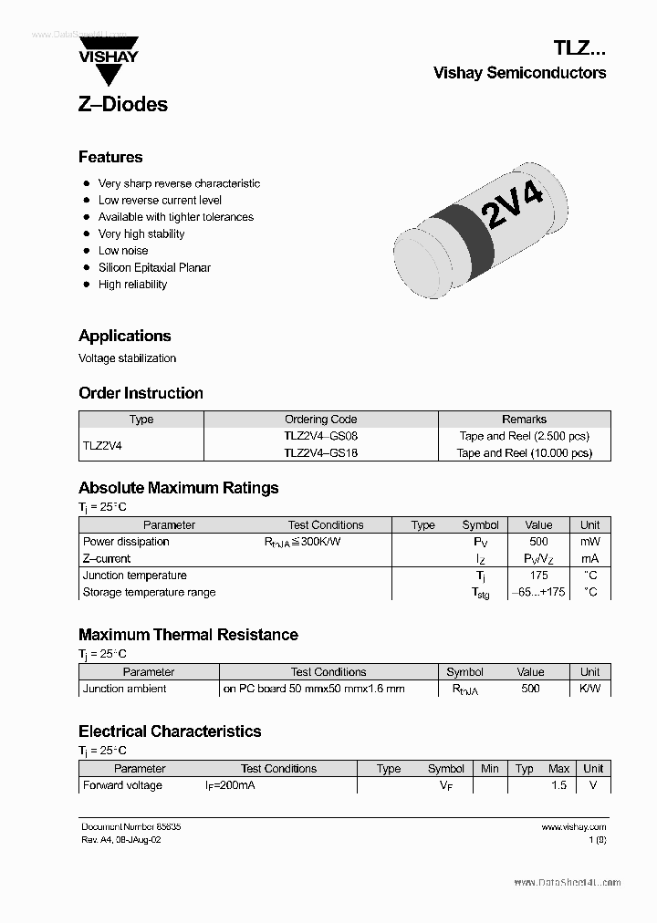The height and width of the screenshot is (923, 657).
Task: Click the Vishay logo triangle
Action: pyautogui.click(x=108, y=46)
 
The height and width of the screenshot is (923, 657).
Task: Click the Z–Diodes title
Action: pyautogui.click(x=123, y=104)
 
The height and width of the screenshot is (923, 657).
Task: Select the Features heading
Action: pyautogui.click(x=110, y=157)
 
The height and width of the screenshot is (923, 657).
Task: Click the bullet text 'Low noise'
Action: pyautogui.click(x=123, y=251)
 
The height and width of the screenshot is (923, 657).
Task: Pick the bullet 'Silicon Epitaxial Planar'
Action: pyautogui.click(x=154, y=267)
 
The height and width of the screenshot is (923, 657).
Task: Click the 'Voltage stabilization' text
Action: pyautogui.click(x=127, y=358)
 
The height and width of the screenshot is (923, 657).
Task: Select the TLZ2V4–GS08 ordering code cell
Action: pyautogui.click(x=320, y=436)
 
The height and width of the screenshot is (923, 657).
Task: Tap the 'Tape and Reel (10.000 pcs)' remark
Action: pyautogui.click(x=524, y=452)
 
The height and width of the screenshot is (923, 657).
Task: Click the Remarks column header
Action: pyautogui.click(x=524, y=420)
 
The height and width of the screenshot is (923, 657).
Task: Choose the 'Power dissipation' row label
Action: pyautogui.click(x=126, y=542)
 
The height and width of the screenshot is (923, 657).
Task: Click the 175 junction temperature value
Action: pyautogui.click(x=538, y=576)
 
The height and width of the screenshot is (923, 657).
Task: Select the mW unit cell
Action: pyautogui.click(x=590, y=542)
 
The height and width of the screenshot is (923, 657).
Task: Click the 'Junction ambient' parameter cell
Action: pyautogui.click(x=124, y=689)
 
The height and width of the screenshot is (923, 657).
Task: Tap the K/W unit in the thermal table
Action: pyautogui.click(x=590, y=689)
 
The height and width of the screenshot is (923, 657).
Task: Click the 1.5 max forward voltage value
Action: pyautogui.click(x=558, y=785)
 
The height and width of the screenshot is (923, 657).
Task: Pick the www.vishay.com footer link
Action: pyautogui.click(x=573, y=827)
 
